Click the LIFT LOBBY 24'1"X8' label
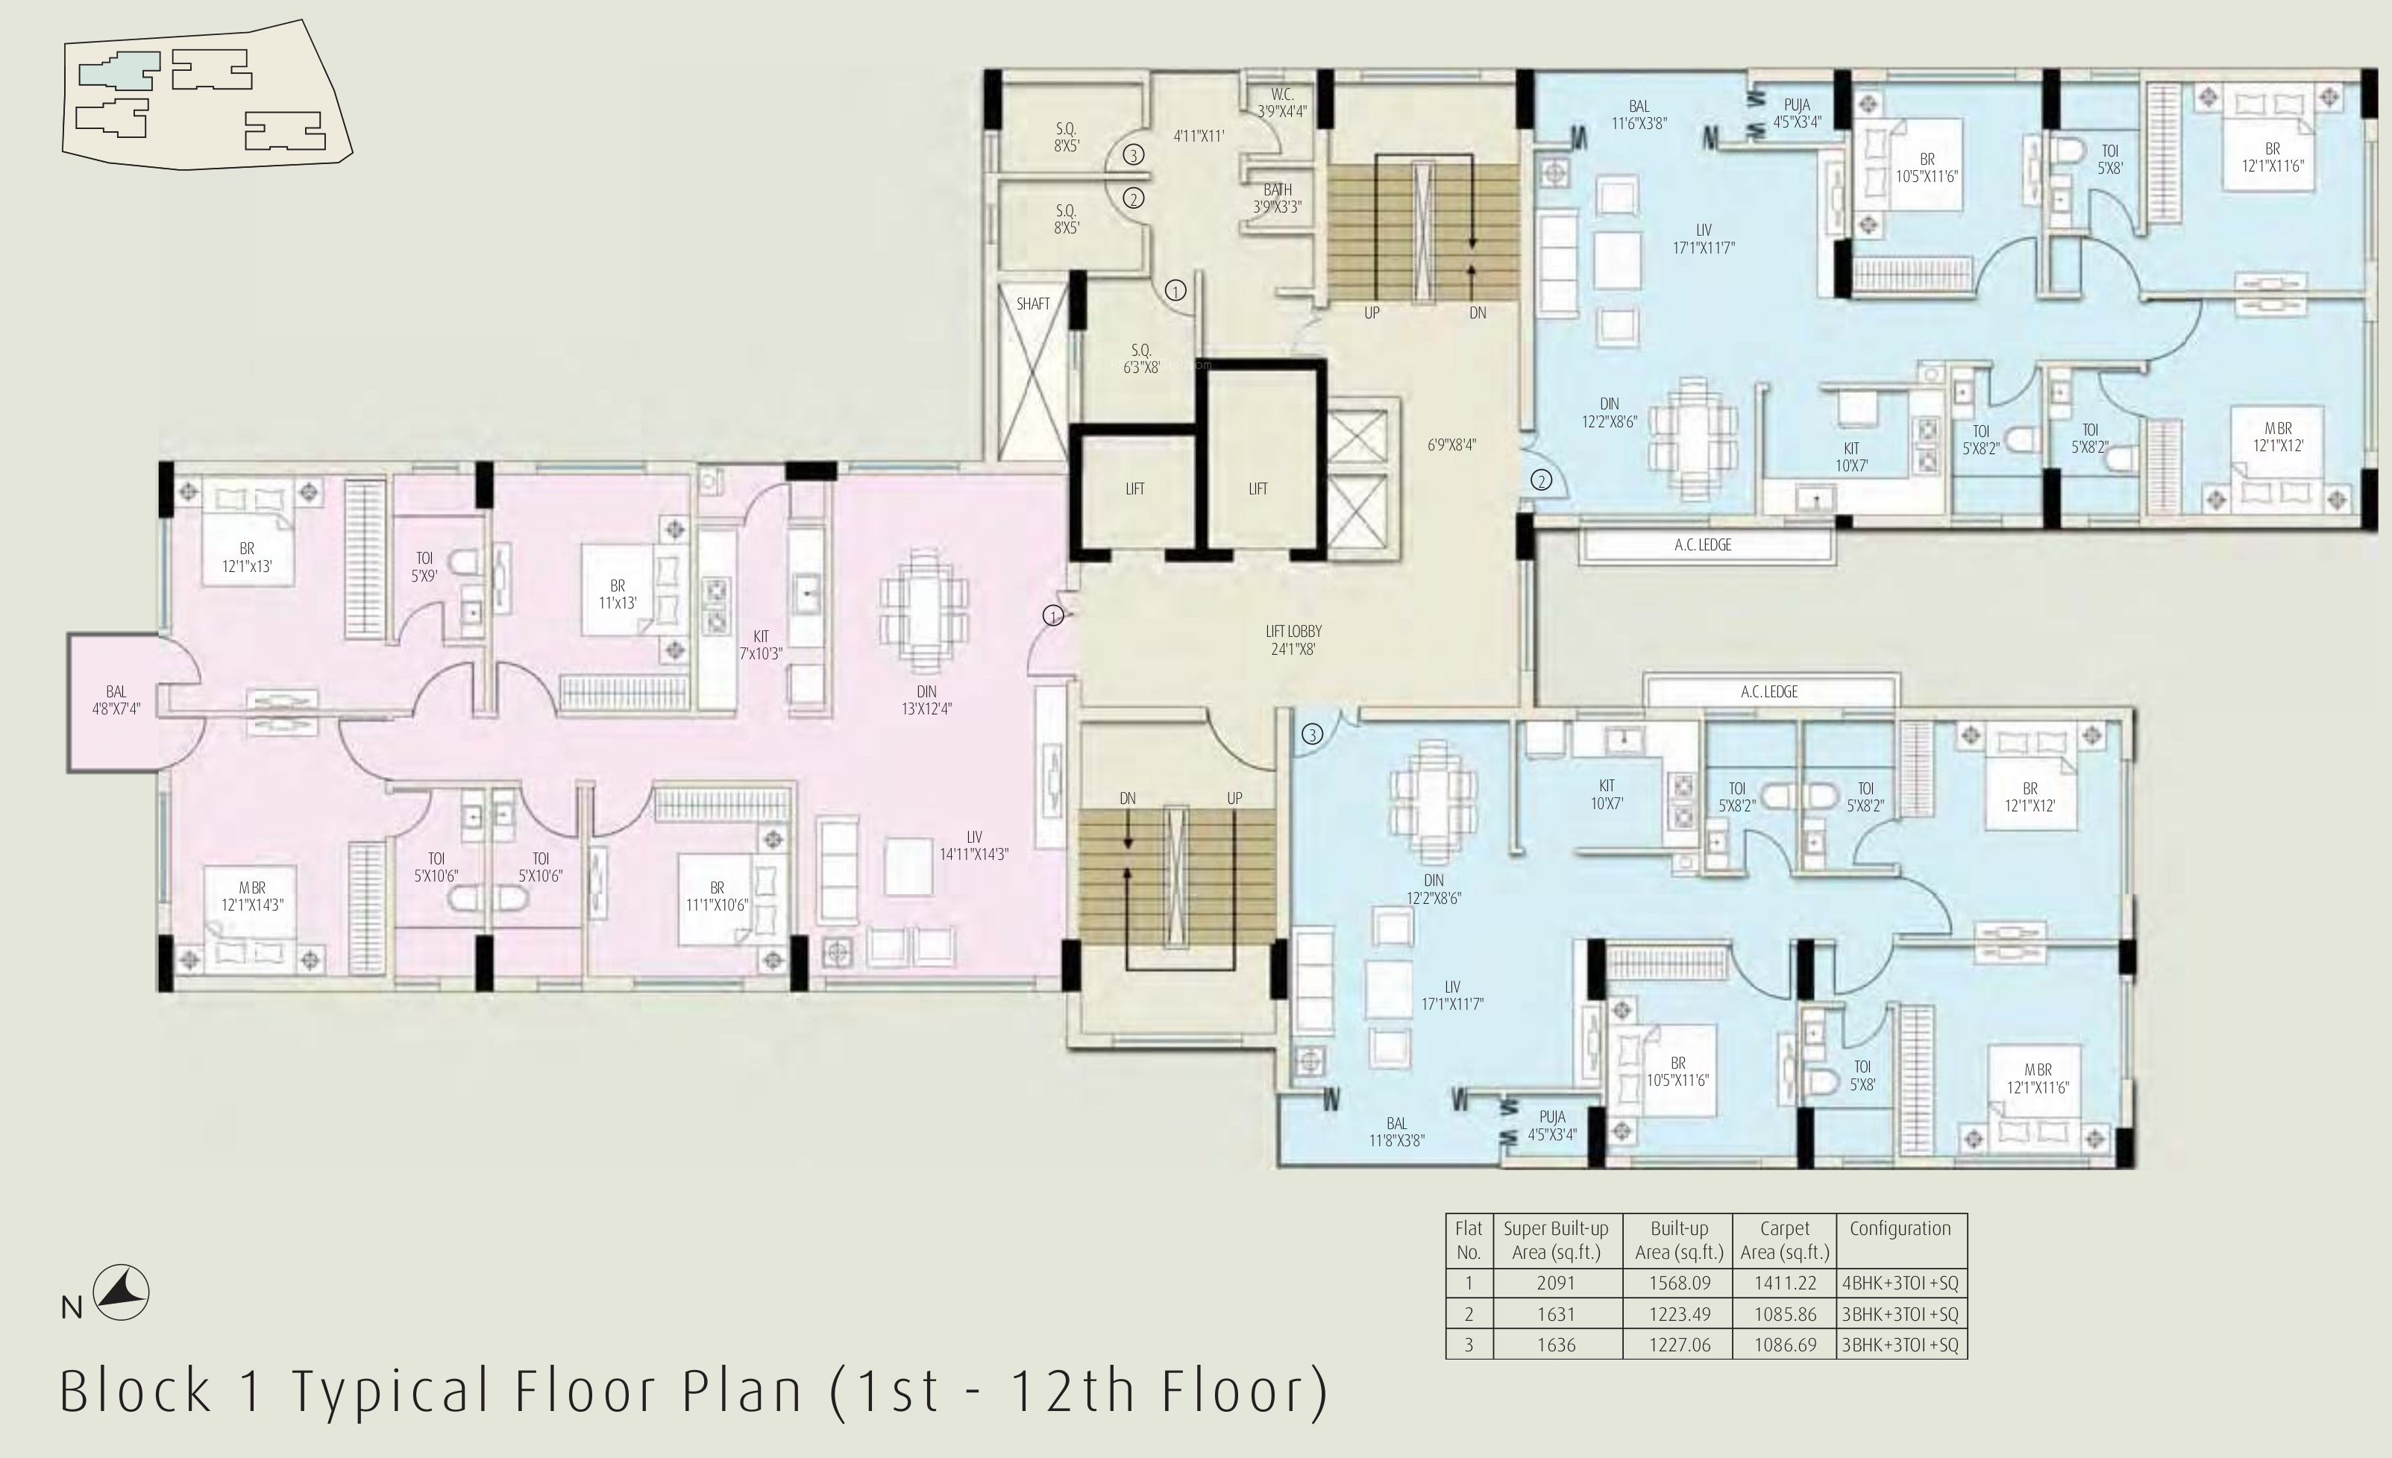(x=1293, y=640)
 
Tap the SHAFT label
(x=1033, y=304)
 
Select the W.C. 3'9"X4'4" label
(x=1282, y=103)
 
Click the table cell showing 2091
(x=1555, y=1282)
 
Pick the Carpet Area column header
(x=1784, y=1239)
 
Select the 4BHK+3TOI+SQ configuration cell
(x=1900, y=1282)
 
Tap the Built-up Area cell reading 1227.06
(x=1680, y=1345)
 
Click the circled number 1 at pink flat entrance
(x=1053, y=615)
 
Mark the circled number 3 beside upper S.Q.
(x=1133, y=155)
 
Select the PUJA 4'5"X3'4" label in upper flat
(x=1797, y=113)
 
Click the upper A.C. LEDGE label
(x=1703, y=544)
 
